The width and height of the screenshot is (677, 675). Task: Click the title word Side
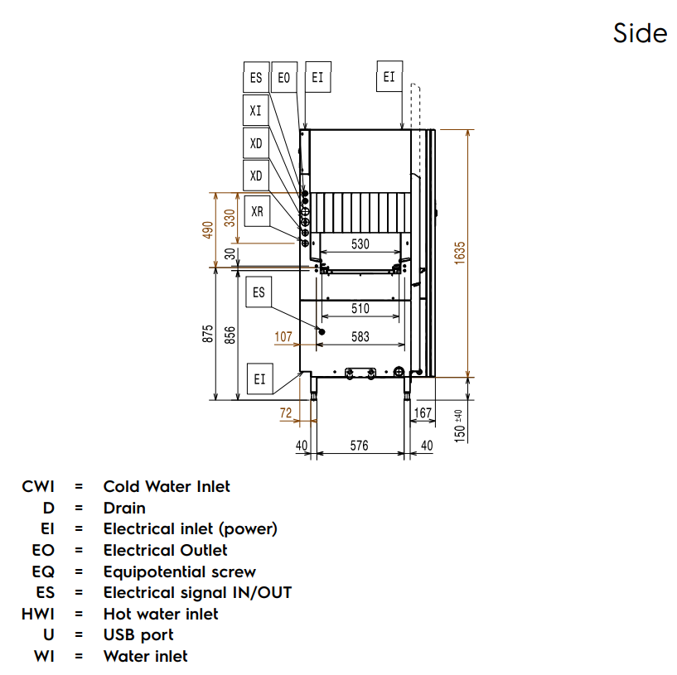tap(640, 33)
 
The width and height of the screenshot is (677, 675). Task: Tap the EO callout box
tap(284, 78)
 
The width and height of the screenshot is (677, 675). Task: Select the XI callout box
tap(256, 110)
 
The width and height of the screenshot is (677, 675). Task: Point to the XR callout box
tap(257, 212)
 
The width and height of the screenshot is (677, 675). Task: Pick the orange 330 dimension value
tap(230, 217)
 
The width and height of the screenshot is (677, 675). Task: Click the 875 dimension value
tap(208, 333)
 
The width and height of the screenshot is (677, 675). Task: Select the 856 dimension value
tap(230, 333)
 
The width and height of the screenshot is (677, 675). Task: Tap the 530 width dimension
tap(360, 244)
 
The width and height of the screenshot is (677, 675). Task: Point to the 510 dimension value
tap(360, 309)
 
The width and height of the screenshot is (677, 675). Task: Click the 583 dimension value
tap(360, 337)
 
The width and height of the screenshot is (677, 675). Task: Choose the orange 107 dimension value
tap(283, 337)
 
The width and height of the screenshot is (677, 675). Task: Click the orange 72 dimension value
tap(286, 412)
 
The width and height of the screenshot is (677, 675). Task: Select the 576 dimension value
tap(359, 446)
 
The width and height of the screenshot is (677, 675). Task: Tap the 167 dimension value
tap(423, 412)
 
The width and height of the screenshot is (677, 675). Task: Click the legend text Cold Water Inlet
tap(167, 486)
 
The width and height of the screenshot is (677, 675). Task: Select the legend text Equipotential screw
tap(179, 571)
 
